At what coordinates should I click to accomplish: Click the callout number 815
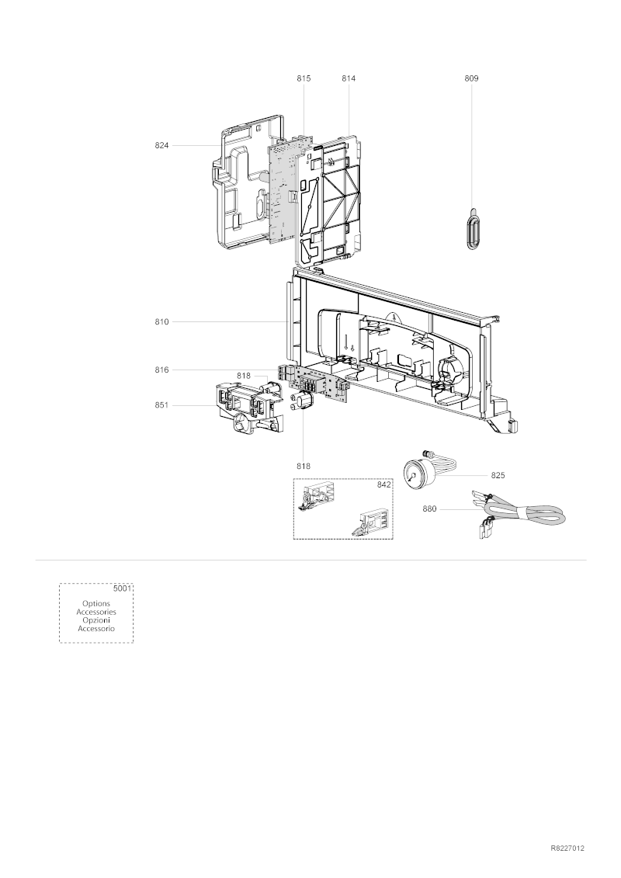[304, 78]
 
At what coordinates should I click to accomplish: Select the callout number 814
[349, 78]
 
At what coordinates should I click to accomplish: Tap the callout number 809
[471, 78]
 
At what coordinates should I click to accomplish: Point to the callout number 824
[161, 146]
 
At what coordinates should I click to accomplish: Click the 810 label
[161, 322]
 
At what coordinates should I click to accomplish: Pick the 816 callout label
[161, 370]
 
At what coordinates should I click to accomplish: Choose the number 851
[161, 405]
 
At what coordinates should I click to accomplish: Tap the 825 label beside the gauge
[498, 475]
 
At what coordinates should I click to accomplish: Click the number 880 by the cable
[429, 509]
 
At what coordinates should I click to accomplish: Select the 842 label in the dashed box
[383, 485]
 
